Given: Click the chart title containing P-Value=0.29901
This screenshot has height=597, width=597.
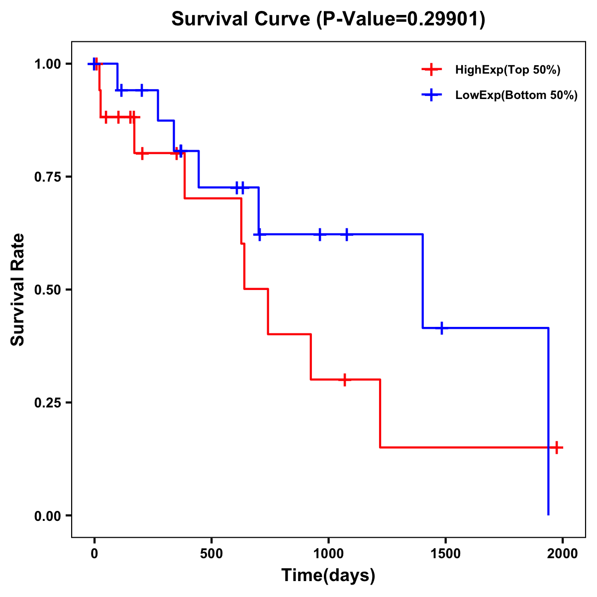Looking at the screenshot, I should pos(328,19).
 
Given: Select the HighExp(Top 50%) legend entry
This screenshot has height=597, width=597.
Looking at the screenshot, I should pos(507,70).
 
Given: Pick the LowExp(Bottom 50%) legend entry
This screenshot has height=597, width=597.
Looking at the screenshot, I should pos(516,96).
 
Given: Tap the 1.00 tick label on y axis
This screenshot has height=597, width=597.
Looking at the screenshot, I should pos(47,64).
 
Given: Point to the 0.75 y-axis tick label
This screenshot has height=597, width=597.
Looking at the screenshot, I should pos(47,177).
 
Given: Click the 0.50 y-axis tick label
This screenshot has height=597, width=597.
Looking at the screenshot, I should pos(47,290).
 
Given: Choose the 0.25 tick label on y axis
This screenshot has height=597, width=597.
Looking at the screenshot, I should pos(47,403).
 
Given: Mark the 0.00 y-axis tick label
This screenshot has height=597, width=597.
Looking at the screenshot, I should pos(47,516).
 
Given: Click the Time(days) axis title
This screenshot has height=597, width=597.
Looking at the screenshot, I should pos(328,576).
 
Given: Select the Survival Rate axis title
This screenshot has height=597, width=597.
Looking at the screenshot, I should pos(18,290).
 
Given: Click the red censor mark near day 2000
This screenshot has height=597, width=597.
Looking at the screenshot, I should pos(557,448).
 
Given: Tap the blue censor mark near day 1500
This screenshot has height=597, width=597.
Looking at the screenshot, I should pos(441,328).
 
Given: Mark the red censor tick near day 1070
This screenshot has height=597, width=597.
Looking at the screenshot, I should pos(344,380).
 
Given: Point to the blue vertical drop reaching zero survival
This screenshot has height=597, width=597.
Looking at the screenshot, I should pos(548,423).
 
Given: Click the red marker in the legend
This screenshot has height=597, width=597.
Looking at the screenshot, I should pos(431,70).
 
